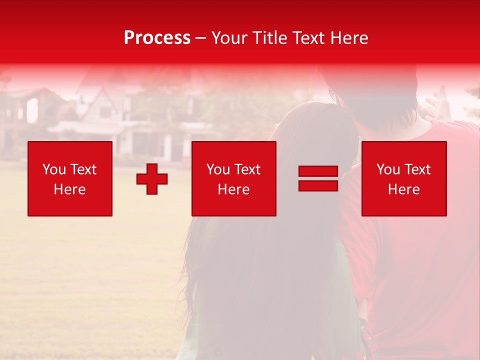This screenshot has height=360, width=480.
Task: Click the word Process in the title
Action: click(x=157, y=38)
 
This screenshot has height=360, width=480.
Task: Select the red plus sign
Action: click(x=152, y=179)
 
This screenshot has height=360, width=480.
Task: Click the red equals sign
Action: click(x=318, y=178)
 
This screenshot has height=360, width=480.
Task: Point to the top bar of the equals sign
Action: click(x=318, y=171)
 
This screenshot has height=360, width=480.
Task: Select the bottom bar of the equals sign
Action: click(x=318, y=185)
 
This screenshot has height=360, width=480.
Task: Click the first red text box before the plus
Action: click(x=70, y=178)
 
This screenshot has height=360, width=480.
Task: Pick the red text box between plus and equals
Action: click(x=233, y=178)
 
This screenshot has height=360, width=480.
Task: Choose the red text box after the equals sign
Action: click(x=404, y=178)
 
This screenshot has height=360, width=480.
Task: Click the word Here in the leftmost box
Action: click(x=70, y=189)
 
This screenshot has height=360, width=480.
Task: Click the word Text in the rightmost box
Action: click(x=417, y=169)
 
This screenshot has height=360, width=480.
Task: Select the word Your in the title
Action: click(x=229, y=38)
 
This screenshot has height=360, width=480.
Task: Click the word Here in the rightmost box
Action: click(x=404, y=189)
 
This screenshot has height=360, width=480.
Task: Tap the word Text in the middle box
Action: click(x=247, y=169)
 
